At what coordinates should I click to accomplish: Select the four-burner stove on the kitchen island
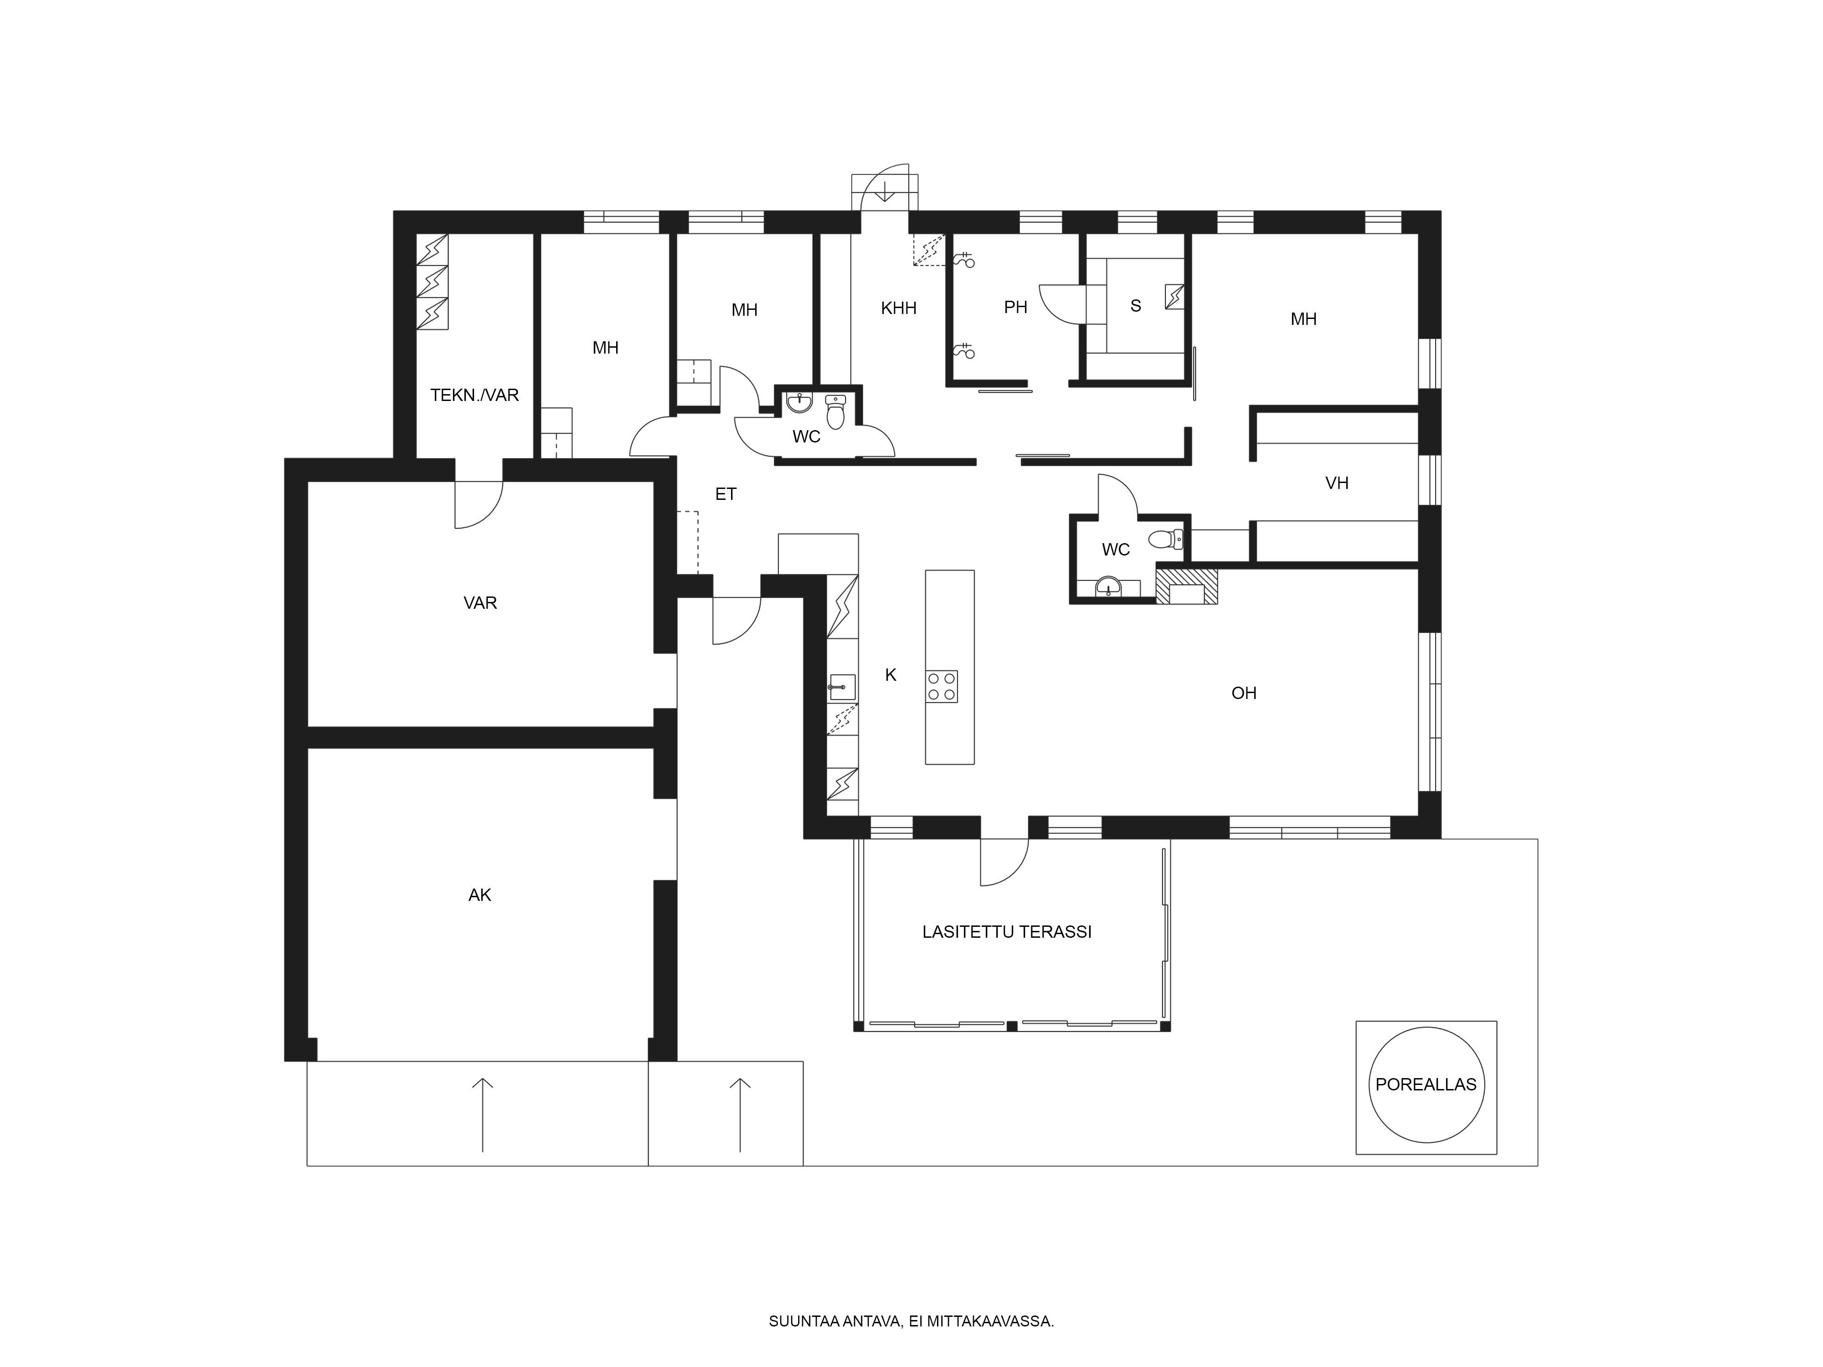click(x=941, y=686)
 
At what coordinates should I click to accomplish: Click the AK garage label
click(x=479, y=895)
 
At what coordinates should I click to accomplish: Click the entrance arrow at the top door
click(x=884, y=192)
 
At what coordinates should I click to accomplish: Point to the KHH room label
click(x=898, y=308)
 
